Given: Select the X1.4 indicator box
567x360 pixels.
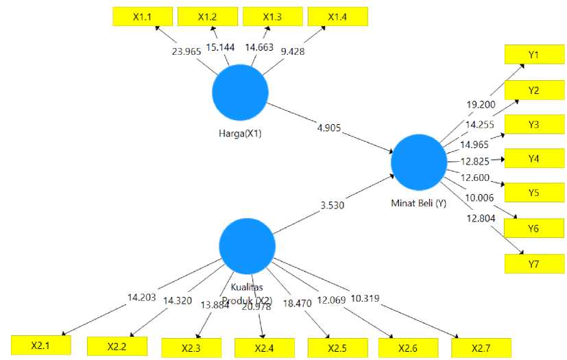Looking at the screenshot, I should tap(338, 16).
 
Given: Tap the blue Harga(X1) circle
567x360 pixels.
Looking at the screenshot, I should tap(240, 94).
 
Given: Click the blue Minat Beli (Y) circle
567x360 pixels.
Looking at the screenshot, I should tap(418, 163).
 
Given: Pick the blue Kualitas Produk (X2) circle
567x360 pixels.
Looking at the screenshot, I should tap(247, 245).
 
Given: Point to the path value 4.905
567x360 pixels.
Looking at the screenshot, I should tap(328, 128).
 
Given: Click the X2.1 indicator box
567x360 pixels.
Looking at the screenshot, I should tap(40, 346).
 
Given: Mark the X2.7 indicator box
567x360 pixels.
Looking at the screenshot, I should tap(481, 347).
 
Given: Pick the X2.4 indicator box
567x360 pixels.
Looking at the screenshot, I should tap(264, 348).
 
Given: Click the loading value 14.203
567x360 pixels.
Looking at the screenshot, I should tap(143, 298).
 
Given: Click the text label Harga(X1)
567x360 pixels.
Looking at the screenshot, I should tap(236, 133).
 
